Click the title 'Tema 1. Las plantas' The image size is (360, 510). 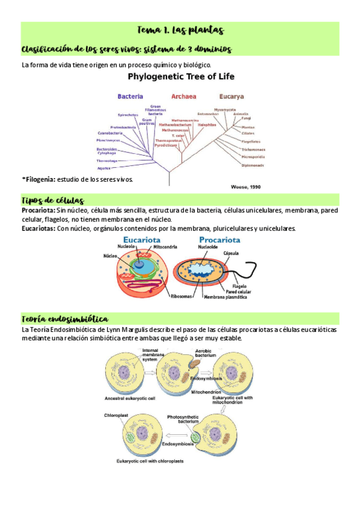coord(180,30)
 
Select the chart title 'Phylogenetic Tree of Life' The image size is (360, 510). coord(180,76)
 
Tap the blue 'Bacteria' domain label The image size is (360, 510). coord(130,96)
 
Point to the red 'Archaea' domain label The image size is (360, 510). coord(183,96)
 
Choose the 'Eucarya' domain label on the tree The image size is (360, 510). coord(231,96)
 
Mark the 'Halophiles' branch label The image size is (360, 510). coord(198,124)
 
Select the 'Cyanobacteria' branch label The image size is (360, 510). coord(110,133)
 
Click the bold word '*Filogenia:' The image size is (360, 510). coord(38,179)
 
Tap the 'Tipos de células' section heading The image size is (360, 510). coord(52,200)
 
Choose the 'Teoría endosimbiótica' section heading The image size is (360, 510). coord(64,318)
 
